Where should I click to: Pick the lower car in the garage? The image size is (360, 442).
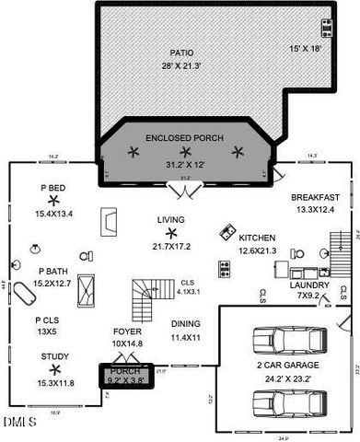(x=287, y=400)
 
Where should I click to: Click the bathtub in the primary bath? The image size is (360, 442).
(x=87, y=294)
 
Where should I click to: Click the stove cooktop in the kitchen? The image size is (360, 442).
(x=224, y=268)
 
